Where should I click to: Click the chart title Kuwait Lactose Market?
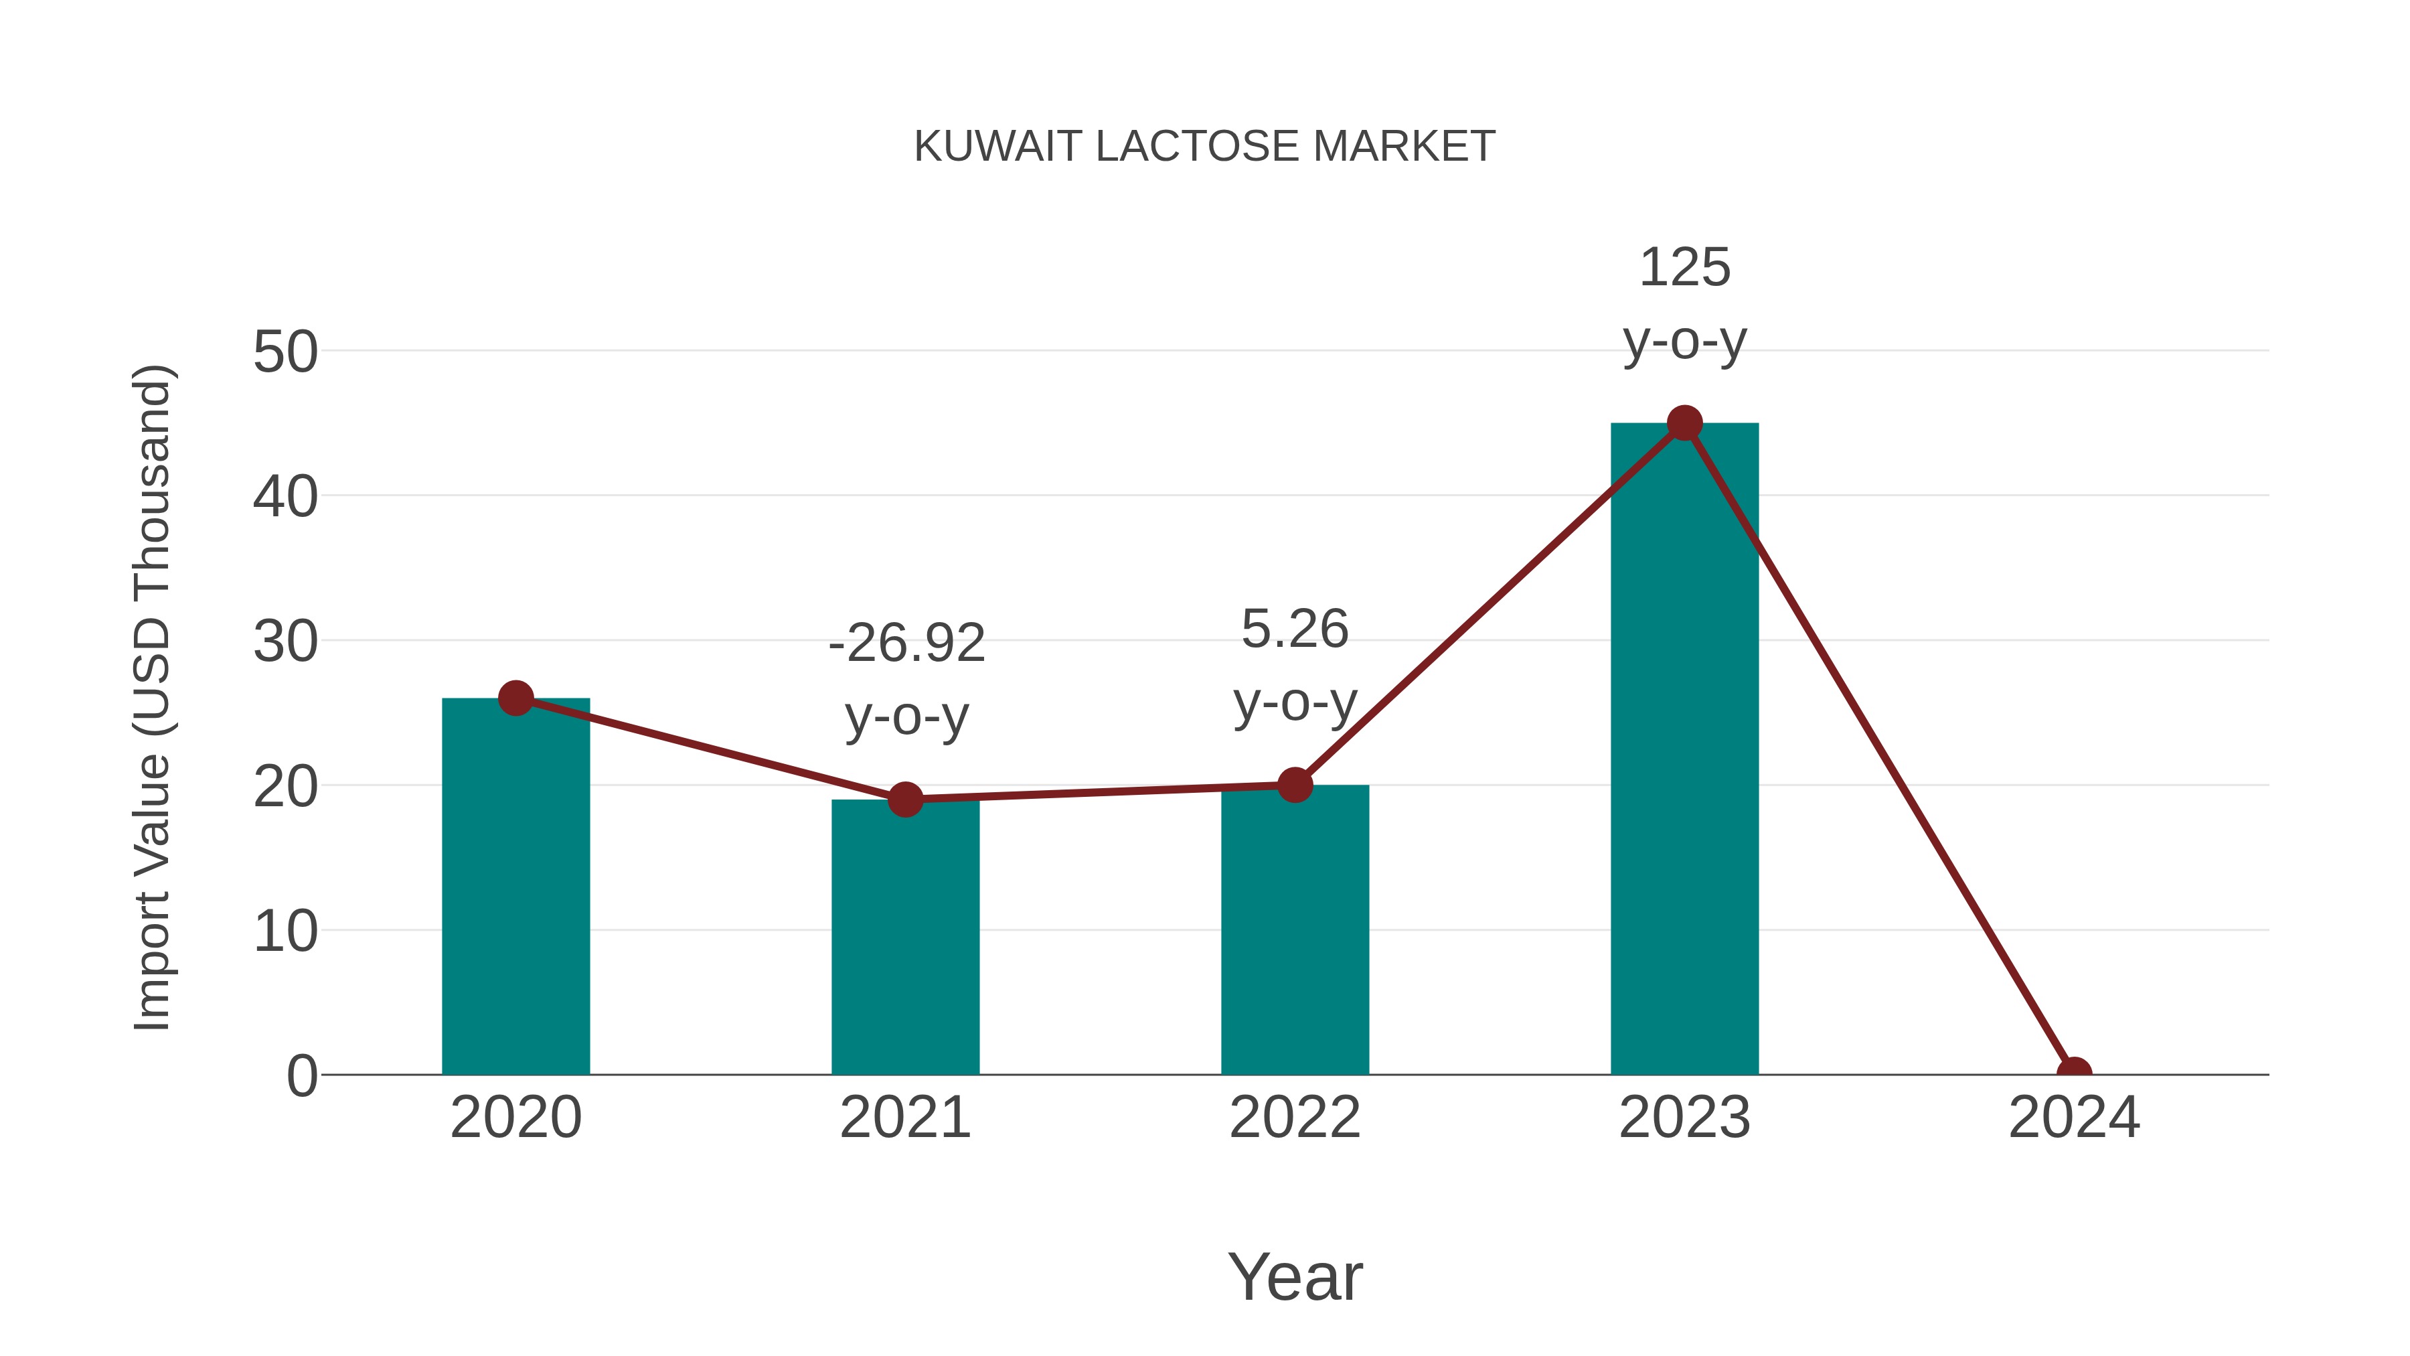tap(1204, 147)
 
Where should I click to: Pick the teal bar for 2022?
tap(1294, 936)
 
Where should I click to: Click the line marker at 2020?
tap(515, 698)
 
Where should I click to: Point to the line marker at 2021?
tap(904, 799)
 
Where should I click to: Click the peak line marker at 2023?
tap(1684, 423)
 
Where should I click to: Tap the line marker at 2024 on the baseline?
tap(2074, 1073)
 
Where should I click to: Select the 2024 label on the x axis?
tap(2074, 1118)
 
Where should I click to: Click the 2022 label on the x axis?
tap(1294, 1118)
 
